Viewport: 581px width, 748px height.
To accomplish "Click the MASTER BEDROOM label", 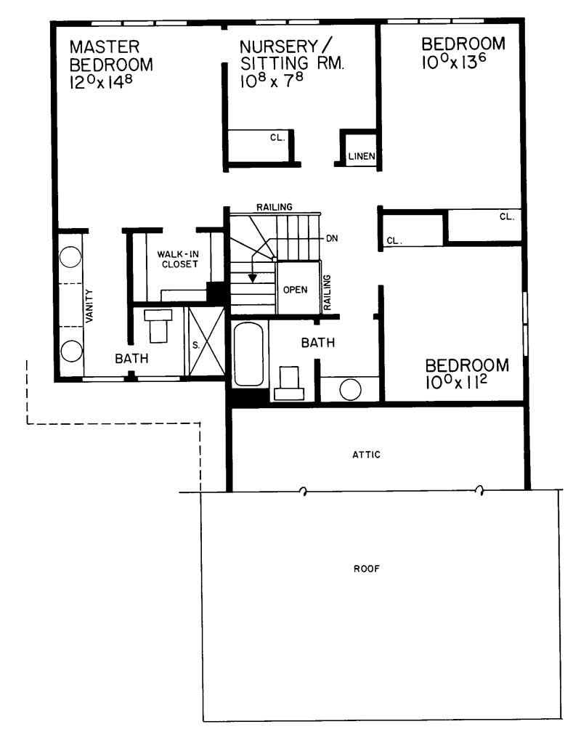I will pyautogui.click(x=111, y=56).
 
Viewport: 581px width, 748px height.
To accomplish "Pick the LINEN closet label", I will pyautogui.click(x=360, y=156).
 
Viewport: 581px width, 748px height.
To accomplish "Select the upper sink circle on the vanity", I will pyautogui.click(x=70, y=259).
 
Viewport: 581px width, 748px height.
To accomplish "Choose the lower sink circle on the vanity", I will pyautogui.click(x=70, y=350).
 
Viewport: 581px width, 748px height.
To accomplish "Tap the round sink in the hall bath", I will pyautogui.click(x=350, y=389).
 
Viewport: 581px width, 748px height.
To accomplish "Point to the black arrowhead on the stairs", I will pyautogui.click(x=252, y=277).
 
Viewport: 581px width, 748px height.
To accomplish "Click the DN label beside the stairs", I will pyautogui.click(x=333, y=238).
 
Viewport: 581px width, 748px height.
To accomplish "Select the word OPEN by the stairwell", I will pyautogui.click(x=295, y=289).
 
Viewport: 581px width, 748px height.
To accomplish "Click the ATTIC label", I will pyautogui.click(x=366, y=455).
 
